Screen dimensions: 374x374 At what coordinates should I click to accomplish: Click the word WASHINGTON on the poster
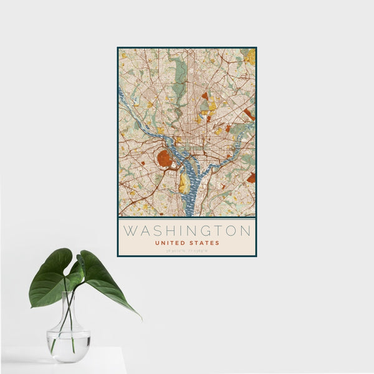[x=187, y=231]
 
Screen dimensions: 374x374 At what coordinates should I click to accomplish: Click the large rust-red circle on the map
[x=165, y=159]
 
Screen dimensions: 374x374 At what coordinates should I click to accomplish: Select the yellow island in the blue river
[x=183, y=183]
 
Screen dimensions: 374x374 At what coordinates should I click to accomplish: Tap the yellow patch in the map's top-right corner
[x=251, y=57]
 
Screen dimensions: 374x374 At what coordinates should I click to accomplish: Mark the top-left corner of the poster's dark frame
[x=118, y=47]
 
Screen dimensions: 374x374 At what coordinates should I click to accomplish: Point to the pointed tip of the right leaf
[x=140, y=318]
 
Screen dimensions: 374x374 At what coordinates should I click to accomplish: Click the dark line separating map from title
[x=187, y=218]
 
